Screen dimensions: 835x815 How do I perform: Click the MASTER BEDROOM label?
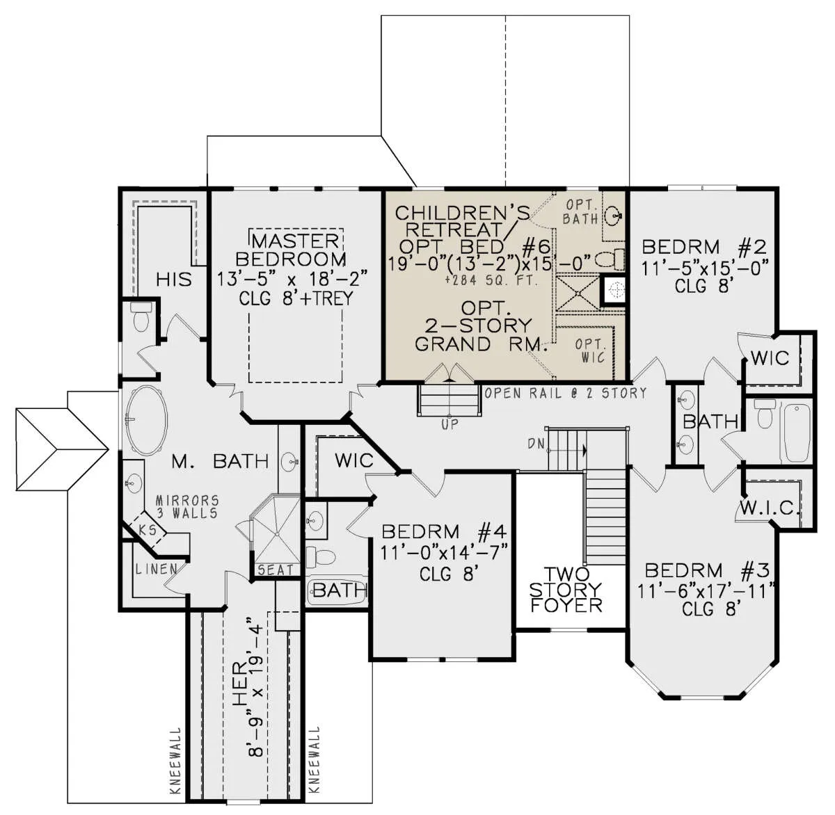pos(291,250)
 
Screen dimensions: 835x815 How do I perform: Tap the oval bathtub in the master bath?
pos(146,421)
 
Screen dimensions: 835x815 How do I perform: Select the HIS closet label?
pos(173,280)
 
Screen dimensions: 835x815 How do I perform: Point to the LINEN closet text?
pos(156,569)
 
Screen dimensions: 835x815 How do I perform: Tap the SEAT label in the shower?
pos(276,570)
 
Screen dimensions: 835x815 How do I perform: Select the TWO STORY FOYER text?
pos(566,590)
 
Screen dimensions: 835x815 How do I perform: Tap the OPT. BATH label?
pos(580,212)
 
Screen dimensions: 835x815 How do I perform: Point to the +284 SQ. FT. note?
pos(492,281)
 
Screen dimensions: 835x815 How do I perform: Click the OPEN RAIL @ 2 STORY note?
pos(565,393)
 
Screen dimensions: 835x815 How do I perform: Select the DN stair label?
pos(534,444)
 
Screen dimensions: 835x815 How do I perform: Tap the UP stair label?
pos(450,424)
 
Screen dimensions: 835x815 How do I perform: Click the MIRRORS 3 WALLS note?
pos(187,506)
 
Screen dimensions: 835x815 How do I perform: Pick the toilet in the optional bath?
pos(611,259)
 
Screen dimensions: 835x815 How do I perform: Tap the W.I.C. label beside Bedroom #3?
pos(768,509)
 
